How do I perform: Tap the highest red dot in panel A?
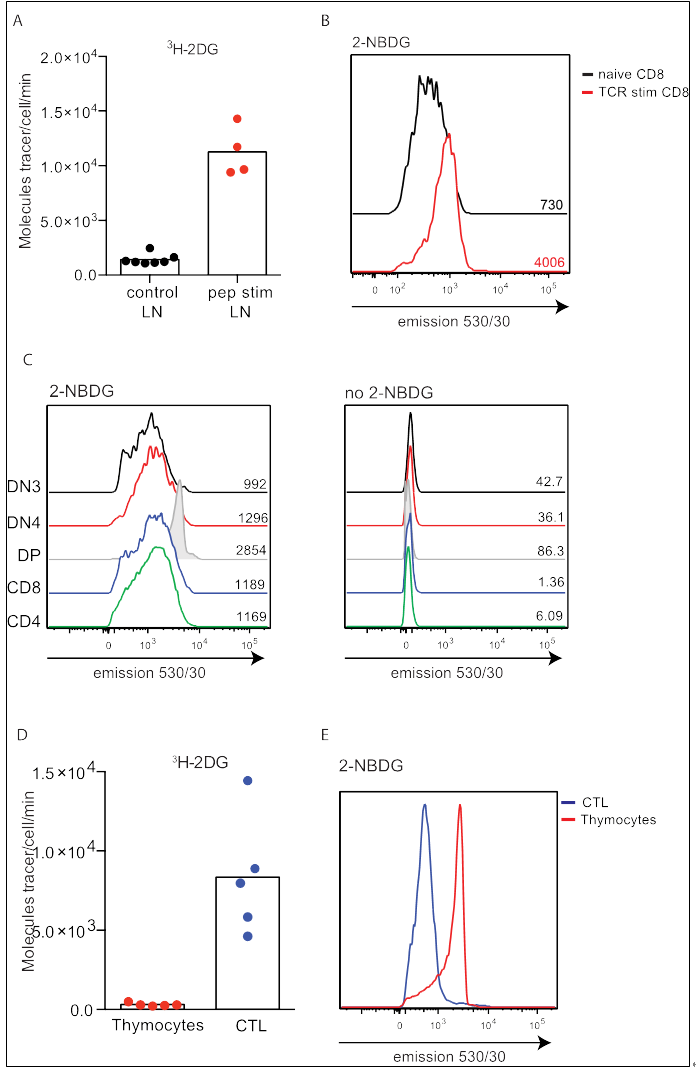[x=237, y=119]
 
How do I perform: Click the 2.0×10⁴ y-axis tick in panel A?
[x=69, y=56]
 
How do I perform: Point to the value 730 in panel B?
[x=552, y=205]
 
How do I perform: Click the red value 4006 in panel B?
[x=550, y=262]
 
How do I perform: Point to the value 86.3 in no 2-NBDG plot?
[x=544, y=553]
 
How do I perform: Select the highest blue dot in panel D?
[x=247, y=780]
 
